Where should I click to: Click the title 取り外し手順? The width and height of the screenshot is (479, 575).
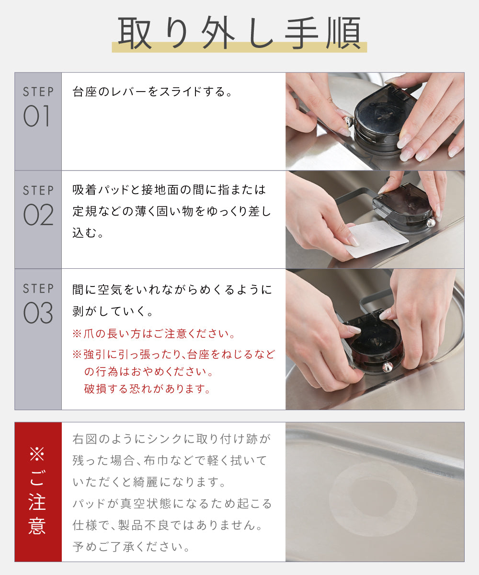[239, 33]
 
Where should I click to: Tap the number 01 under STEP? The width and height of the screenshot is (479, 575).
[36, 116]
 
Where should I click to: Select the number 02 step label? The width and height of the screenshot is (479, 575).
[38, 215]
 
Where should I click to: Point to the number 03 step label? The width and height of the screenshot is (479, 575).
[38, 312]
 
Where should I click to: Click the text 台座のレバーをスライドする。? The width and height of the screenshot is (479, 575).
[153, 92]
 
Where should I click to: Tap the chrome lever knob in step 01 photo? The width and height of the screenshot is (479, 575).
[348, 121]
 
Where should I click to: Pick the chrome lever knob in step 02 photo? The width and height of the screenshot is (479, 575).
[431, 222]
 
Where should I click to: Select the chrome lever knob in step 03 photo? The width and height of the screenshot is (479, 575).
[388, 367]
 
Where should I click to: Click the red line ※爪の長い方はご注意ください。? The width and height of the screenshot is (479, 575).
[154, 334]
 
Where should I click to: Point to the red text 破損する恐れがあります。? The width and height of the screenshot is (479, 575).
[147, 389]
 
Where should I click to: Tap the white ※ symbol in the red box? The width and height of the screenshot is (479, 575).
[37, 454]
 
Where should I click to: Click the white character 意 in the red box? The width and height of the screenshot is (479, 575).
[37, 526]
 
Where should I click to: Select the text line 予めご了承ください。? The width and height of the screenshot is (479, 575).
[131, 547]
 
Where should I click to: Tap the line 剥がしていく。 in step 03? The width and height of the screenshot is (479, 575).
[113, 311]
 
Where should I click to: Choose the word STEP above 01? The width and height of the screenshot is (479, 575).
[38, 92]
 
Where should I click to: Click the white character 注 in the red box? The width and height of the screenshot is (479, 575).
[37, 502]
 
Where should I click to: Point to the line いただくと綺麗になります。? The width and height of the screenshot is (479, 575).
[149, 483]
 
